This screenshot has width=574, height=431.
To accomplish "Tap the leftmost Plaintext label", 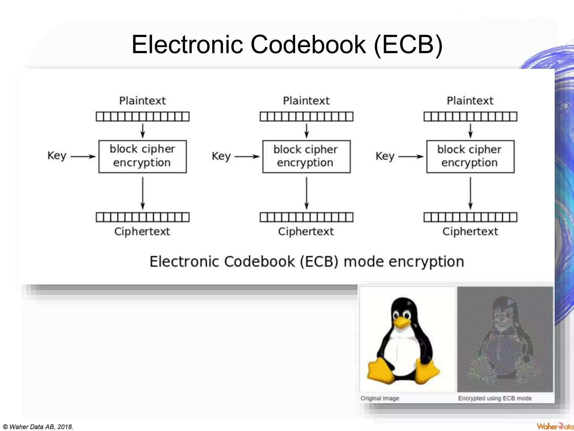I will click(x=142, y=100).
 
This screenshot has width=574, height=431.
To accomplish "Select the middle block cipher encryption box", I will click(x=306, y=156).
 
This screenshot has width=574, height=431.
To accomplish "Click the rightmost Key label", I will click(x=385, y=156).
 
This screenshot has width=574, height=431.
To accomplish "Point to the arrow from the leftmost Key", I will click(x=83, y=156).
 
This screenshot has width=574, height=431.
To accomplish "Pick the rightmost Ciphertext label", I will click(x=470, y=231).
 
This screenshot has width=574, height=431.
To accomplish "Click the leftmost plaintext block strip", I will click(x=142, y=116).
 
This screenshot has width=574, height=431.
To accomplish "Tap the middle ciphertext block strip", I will click(x=306, y=217).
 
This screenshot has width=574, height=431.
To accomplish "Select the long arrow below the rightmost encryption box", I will click(x=470, y=193).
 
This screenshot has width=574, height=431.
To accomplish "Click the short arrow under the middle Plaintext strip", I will click(x=306, y=131).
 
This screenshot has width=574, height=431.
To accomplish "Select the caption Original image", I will click(x=379, y=398).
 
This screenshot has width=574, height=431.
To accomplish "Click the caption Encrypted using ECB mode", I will click(x=495, y=398).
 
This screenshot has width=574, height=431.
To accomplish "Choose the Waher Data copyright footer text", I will click(x=38, y=427).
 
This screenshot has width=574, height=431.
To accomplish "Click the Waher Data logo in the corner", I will click(x=554, y=426).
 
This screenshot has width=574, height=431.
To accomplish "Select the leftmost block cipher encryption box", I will click(x=142, y=156).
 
